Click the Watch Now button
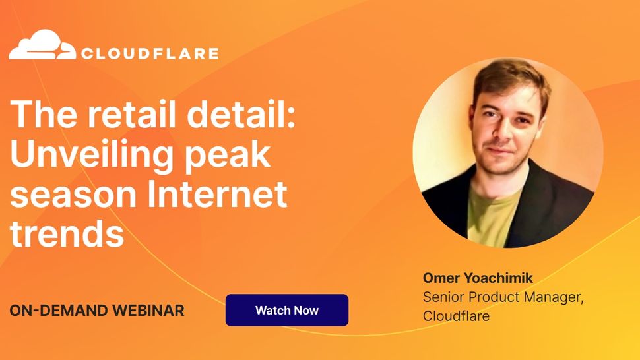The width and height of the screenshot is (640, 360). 287,311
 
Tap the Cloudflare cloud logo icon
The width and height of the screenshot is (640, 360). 42,44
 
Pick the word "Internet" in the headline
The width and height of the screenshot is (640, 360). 217,194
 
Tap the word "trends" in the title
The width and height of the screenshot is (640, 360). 67,233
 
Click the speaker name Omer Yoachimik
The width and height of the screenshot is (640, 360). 478,278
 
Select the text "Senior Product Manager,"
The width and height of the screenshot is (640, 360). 503,297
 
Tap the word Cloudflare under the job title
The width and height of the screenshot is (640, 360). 456,316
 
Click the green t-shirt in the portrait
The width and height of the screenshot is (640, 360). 491,214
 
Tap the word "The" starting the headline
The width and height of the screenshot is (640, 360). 44,114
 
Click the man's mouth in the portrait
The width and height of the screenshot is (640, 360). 500,150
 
